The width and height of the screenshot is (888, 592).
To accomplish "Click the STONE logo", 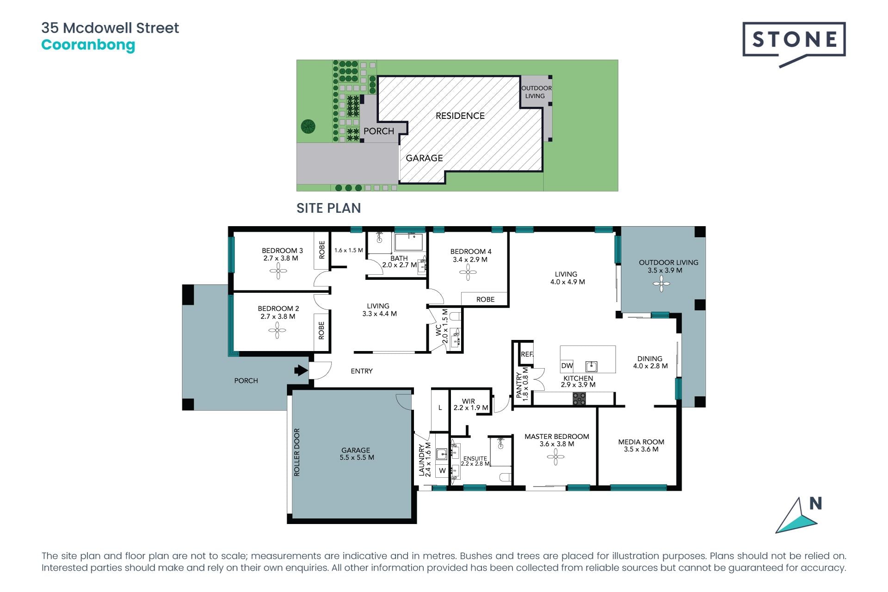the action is (x=794, y=43).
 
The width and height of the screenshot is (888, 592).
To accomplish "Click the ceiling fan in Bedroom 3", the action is (x=278, y=271).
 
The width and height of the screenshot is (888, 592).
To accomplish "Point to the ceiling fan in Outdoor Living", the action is (x=661, y=284).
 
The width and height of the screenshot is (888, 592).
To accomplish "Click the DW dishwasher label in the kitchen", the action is (x=567, y=366).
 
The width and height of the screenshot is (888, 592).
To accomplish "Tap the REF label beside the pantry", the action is (x=527, y=354).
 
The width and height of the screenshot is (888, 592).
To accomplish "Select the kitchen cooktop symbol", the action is (x=579, y=399).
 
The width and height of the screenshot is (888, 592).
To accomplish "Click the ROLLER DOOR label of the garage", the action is (x=297, y=452).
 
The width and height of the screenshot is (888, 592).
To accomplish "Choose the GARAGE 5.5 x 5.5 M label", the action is (x=357, y=454).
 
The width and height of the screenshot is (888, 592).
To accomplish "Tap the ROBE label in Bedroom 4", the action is (x=485, y=299).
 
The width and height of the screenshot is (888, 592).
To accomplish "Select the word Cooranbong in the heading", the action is (x=88, y=45).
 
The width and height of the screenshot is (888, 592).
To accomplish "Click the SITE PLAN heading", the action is (x=328, y=208).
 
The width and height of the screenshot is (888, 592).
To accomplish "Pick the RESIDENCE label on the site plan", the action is (x=460, y=116).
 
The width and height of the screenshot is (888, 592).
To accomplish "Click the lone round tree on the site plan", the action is (x=308, y=126).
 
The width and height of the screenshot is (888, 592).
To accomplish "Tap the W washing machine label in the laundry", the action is (x=442, y=471).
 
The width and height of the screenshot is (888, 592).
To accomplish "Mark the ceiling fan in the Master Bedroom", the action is (x=555, y=457).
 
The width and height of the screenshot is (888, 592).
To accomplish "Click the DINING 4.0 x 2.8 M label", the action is (x=650, y=362).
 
